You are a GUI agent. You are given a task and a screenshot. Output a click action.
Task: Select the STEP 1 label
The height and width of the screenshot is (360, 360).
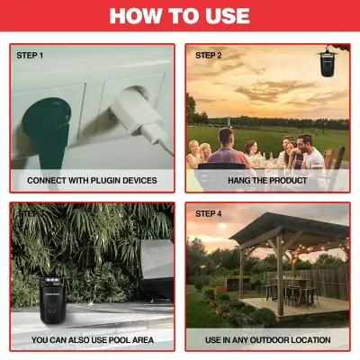(30, 56)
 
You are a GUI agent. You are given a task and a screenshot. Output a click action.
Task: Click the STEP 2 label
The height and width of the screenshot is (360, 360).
(208, 56)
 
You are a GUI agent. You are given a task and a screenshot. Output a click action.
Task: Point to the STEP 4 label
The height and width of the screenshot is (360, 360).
(208, 215)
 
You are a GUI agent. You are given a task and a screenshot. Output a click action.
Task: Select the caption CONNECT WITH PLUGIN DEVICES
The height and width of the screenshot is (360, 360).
(92, 180)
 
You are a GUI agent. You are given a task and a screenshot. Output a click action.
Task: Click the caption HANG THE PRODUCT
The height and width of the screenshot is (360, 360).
(267, 180)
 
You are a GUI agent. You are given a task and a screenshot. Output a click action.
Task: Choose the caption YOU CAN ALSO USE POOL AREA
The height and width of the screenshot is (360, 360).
(92, 339)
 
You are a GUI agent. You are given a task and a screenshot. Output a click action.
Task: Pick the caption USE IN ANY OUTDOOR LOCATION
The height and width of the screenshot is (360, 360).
(267, 339)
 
